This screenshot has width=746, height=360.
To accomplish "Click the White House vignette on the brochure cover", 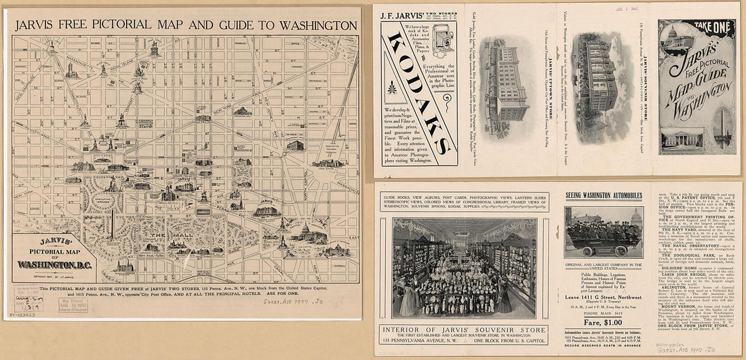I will click(x=680, y=139).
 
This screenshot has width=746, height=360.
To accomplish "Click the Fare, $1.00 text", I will click(x=604, y=322).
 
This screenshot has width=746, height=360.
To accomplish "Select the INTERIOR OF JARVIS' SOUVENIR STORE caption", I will click(x=463, y=330).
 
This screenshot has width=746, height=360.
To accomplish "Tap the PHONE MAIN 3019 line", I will click(x=604, y=313).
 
